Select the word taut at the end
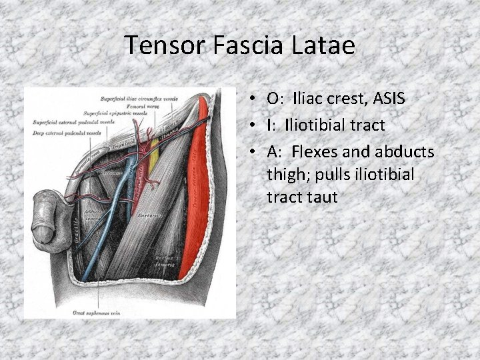tap(320, 197)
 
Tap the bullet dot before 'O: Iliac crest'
tap(255, 99)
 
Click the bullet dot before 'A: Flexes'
tap(255, 153)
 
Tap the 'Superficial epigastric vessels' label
tap(115, 113)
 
